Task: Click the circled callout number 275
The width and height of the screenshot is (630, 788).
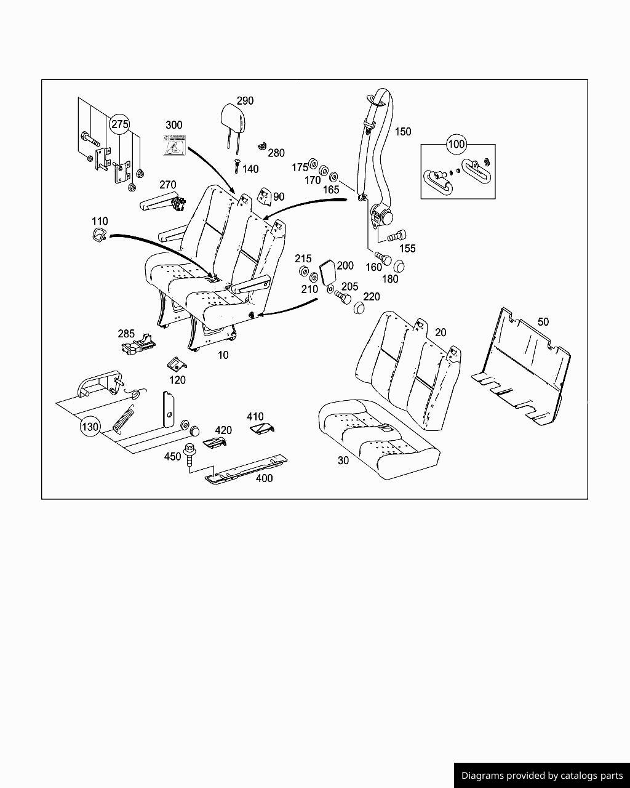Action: pos(119,124)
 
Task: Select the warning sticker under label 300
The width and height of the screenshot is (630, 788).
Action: pos(174,144)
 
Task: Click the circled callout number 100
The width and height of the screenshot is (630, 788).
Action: pos(456,145)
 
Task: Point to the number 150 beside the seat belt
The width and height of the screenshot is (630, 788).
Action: pos(402,132)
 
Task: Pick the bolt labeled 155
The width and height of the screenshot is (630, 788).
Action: pos(396,235)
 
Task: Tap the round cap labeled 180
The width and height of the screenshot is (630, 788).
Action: pos(399,266)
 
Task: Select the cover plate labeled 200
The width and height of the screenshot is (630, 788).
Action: pos(327,270)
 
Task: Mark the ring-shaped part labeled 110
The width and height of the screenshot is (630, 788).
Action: pos(98,234)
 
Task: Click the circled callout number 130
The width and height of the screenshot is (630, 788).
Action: pos(90,427)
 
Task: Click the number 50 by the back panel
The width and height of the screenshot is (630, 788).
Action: pos(543,322)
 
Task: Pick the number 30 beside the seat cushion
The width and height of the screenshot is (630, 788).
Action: pos(343,460)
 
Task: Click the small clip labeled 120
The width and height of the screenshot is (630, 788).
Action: pos(176,364)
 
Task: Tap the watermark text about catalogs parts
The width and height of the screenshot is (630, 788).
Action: pos(542,776)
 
